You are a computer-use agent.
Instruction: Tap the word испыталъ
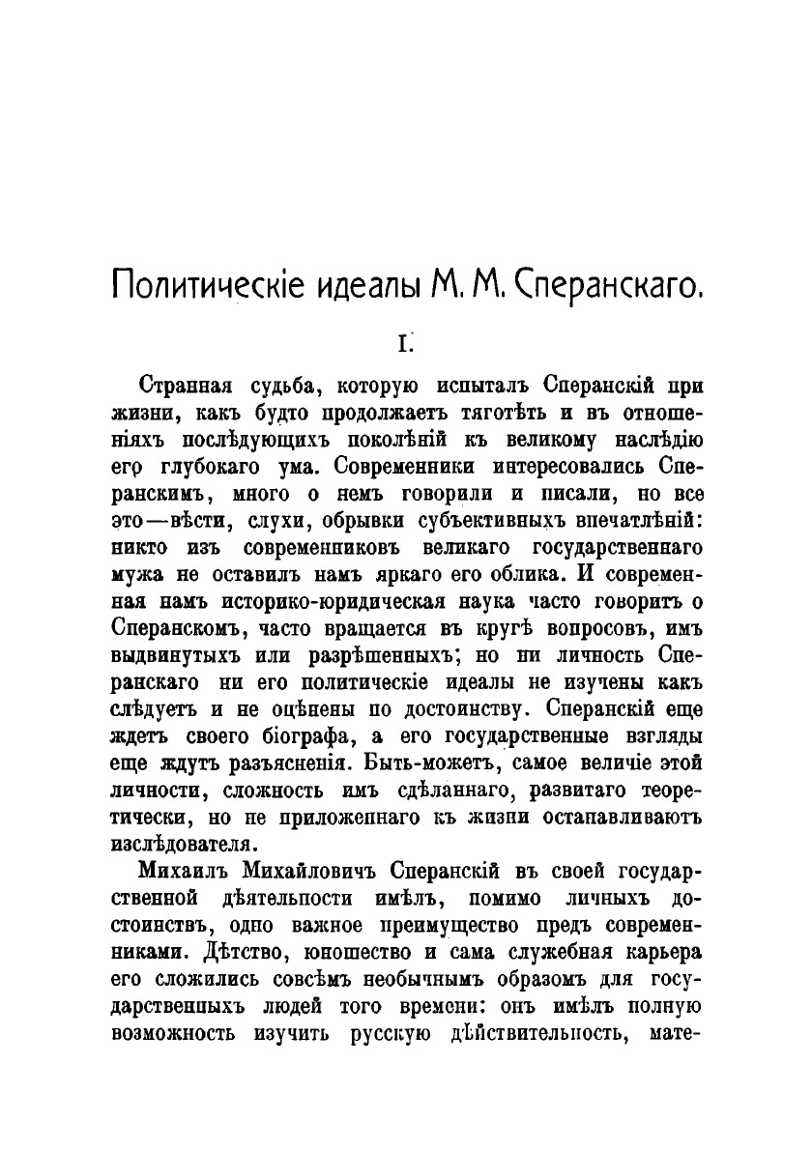[x=484, y=387]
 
